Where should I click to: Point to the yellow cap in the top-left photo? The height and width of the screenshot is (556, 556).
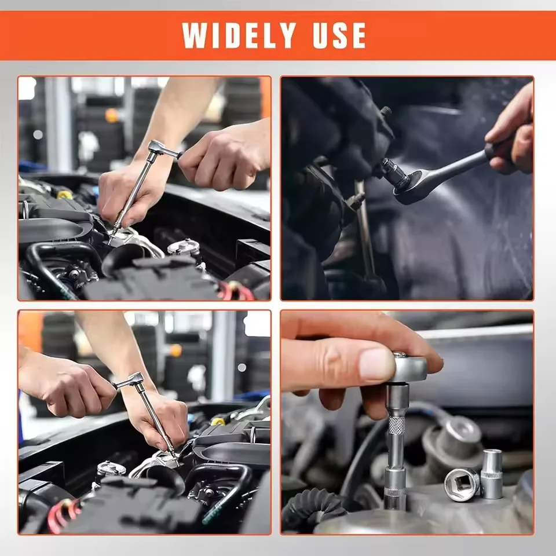coord(64,195)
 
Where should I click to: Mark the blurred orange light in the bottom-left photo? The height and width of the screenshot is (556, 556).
coord(175,350)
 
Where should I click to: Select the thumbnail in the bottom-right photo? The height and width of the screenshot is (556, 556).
coord(376,364)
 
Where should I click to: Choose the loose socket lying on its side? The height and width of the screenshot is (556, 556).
coord(462,485)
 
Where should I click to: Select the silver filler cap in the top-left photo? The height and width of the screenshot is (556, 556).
coord(184,247)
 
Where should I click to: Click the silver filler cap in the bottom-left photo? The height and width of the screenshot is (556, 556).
coord(111,468)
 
